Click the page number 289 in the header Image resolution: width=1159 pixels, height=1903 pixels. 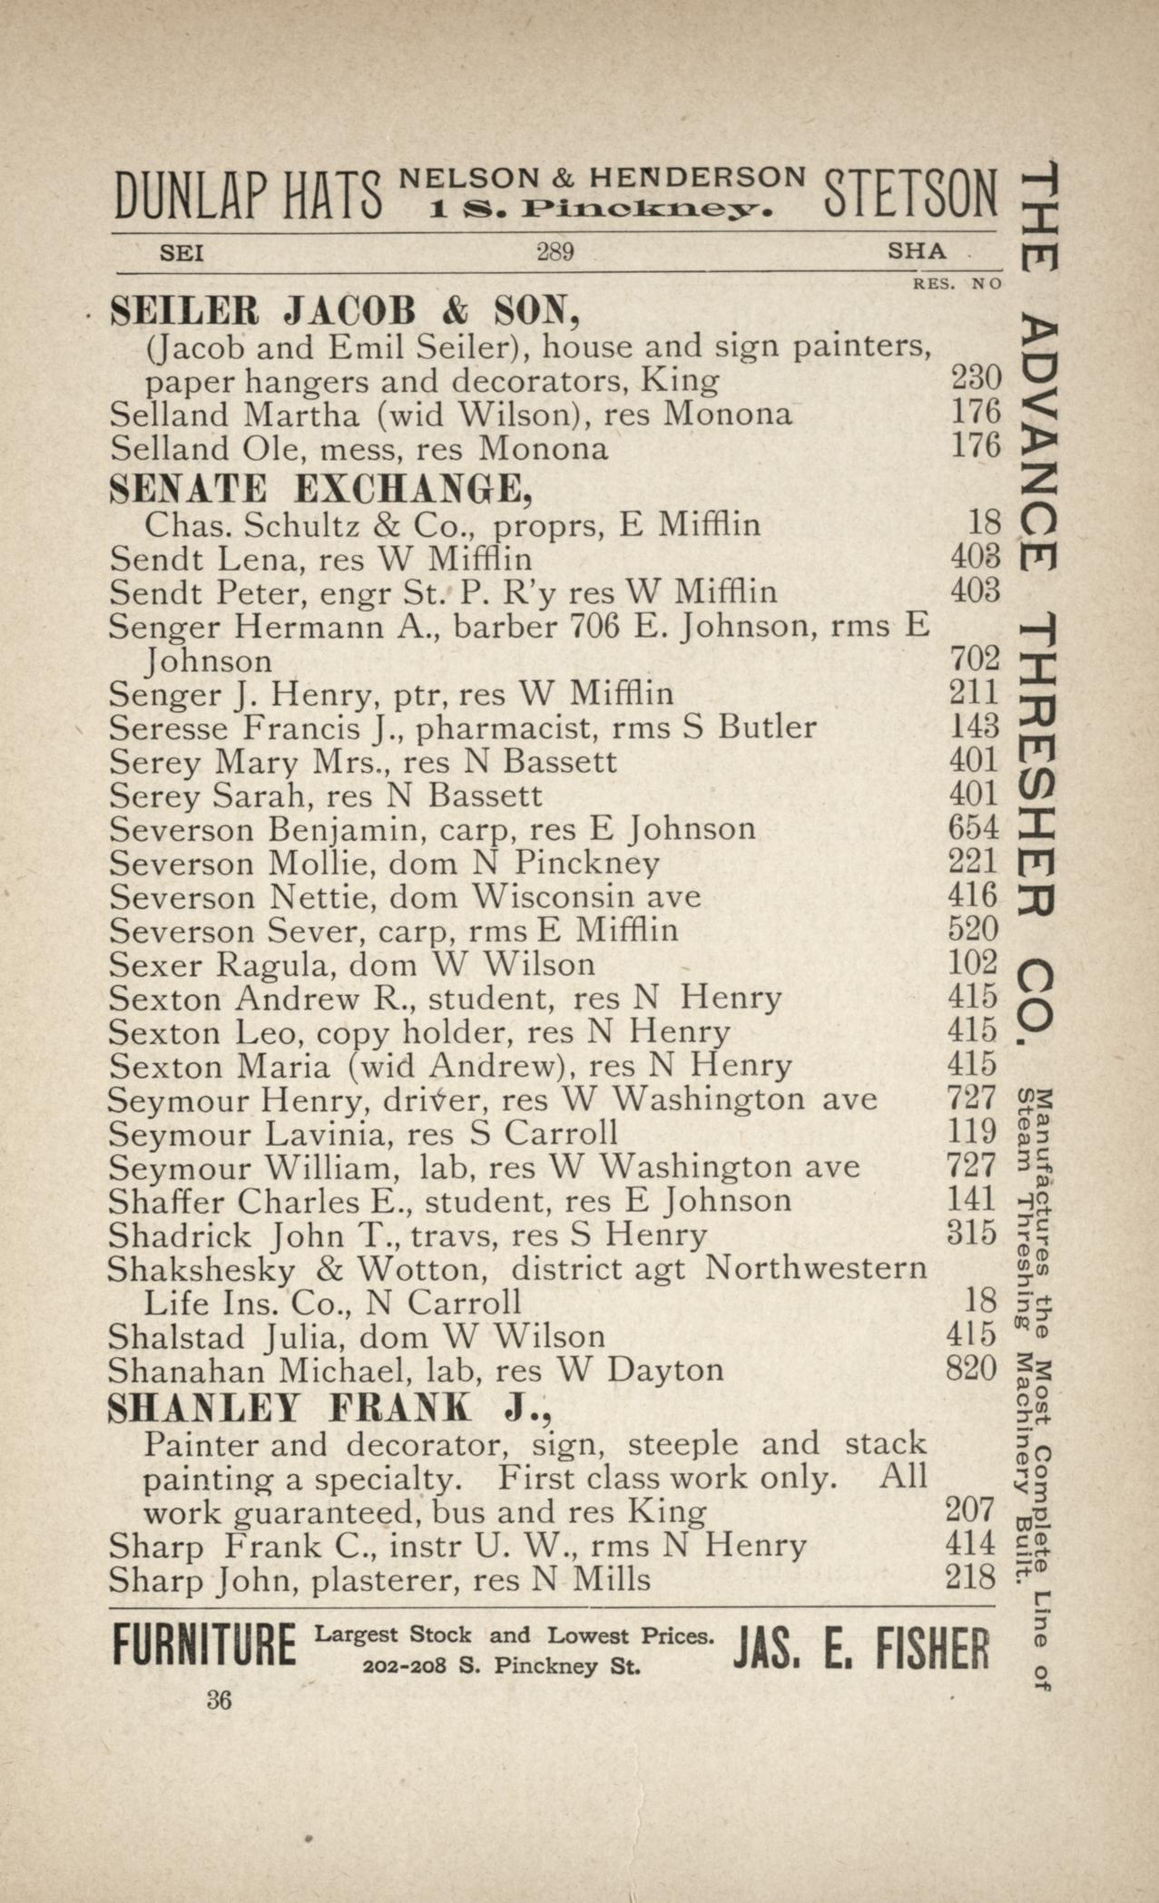coord(555,251)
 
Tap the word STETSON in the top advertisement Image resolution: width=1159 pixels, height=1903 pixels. coord(909,195)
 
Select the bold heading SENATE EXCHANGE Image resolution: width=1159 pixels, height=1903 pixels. coord(319,490)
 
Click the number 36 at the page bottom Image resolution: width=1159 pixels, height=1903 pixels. coord(219,1701)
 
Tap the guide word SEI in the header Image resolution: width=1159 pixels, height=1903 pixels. coord(182,253)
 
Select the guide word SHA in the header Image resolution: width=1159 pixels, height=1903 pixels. coord(917,251)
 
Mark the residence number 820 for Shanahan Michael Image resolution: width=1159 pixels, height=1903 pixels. coord(972,1369)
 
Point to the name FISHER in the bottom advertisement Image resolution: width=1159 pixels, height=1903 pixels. coord(932,1650)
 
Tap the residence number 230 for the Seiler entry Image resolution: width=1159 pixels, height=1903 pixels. coord(975,378)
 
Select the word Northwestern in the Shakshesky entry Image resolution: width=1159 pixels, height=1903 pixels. coord(816,1268)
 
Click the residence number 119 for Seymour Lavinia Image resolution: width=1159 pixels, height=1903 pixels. coord(972,1132)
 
